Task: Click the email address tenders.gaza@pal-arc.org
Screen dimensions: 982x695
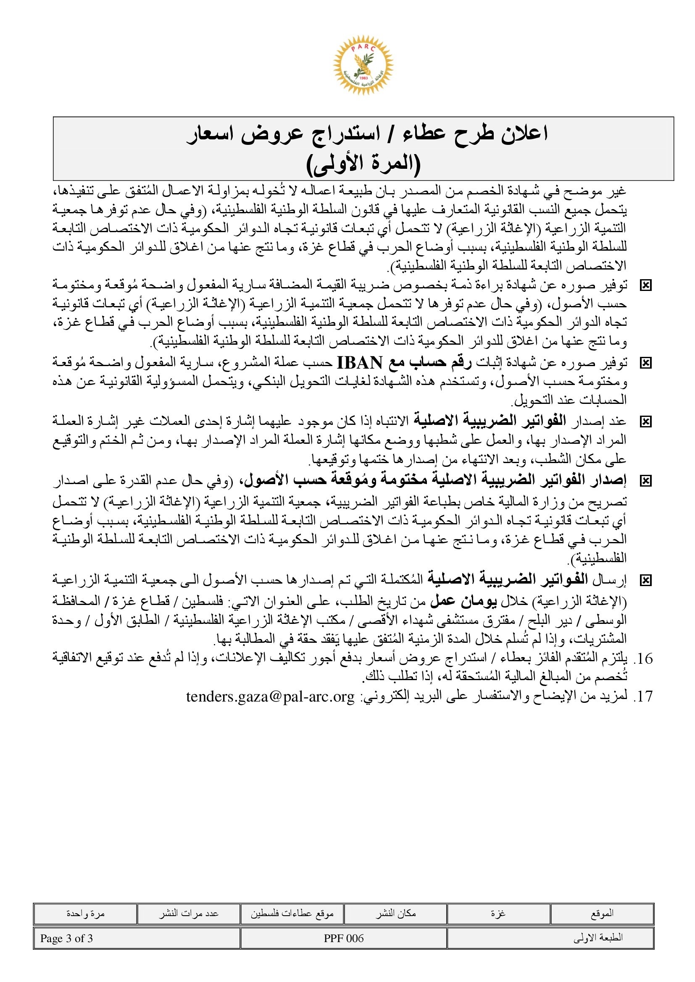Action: pyautogui.click(x=270, y=697)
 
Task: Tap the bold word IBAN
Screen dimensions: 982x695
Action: pyautogui.click(x=360, y=363)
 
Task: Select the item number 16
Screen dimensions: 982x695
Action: pyautogui.click(x=643, y=659)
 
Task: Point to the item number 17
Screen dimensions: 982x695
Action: pyautogui.click(x=643, y=697)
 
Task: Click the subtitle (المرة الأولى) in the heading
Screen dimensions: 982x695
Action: pyautogui.click(x=363, y=164)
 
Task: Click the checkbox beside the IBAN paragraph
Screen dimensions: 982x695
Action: pyautogui.click(x=645, y=363)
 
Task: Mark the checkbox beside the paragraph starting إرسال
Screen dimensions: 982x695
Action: pyautogui.click(x=645, y=580)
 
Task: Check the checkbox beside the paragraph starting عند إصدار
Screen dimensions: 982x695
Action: pyautogui.click(x=645, y=422)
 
